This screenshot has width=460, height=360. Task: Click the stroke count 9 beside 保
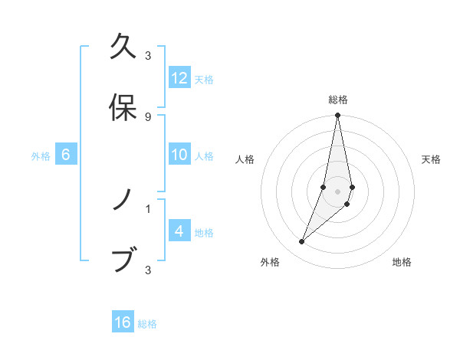[x=147, y=116]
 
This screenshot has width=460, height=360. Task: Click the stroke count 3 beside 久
[x=147, y=56]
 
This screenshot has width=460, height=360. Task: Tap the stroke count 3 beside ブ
[x=147, y=269]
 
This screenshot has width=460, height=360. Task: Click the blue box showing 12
[x=179, y=77]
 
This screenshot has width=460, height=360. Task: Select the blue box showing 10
[x=179, y=155]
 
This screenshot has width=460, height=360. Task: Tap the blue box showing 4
[x=179, y=231]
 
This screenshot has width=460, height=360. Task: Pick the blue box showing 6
[x=66, y=155]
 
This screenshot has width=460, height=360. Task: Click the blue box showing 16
[x=123, y=322]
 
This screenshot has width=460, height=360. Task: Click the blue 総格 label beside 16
[x=147, y=324]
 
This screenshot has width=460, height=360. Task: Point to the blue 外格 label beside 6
[x=41, y=156]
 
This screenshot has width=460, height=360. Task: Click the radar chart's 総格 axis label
[x=337, y=100]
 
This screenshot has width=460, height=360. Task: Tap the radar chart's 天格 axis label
[x=432, y=159]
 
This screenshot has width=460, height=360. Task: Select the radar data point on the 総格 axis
[x=337, y=116]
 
